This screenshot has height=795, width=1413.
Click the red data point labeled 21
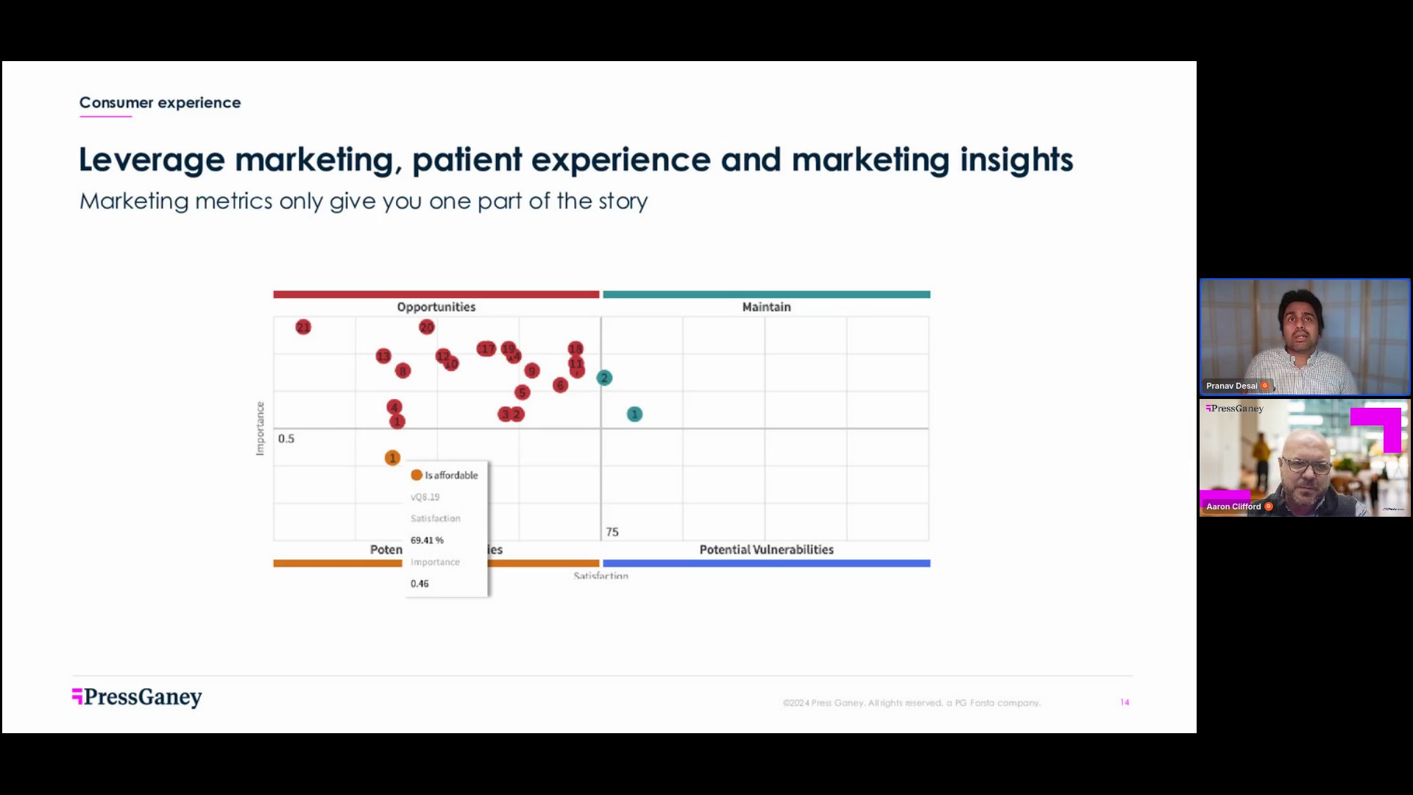(303, 327)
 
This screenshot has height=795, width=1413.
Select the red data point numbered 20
(427, 327)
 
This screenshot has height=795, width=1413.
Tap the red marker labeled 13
(383, 356)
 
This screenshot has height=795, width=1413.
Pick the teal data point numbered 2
(604, 378)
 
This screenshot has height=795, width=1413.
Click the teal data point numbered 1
(634, 414)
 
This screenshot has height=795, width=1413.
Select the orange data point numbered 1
(392, 458)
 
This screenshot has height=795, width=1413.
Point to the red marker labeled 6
(560, 385)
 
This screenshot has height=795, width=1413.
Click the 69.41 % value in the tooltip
(427, 540)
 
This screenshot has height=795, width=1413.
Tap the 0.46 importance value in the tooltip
(419, 584)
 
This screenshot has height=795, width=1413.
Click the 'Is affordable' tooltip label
(451, 476)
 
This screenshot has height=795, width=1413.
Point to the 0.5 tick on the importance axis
(286, 439)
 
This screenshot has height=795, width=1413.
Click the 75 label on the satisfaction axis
(612, 531)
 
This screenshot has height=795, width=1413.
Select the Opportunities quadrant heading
(436, 307)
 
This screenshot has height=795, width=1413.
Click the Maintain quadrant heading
(766, 307)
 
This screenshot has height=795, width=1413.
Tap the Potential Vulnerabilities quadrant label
(766, 550)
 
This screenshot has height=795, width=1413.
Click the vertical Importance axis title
(260, 428)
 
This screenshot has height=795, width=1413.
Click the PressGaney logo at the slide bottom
(138, 697)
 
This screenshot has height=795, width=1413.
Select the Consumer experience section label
(160, 103)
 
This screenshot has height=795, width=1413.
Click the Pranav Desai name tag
(1232, 386)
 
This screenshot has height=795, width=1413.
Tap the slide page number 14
(1125, 702)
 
